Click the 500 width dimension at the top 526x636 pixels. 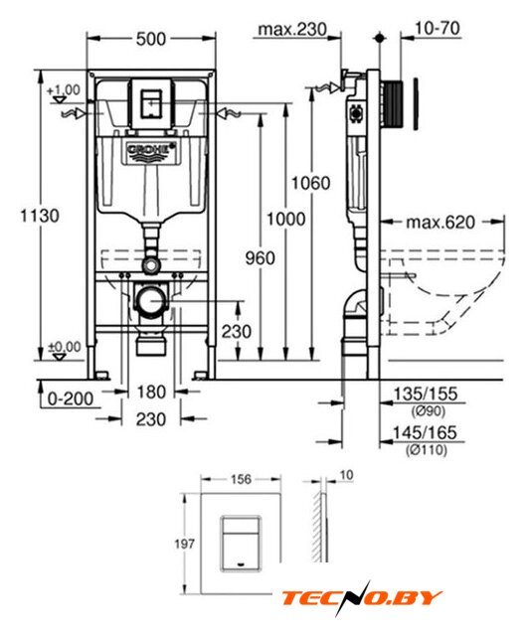point(150,39)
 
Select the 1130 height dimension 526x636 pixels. point(40,216)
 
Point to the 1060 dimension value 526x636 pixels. point(311,183)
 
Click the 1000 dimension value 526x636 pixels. point(285,219)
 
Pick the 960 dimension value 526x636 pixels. point(260,258)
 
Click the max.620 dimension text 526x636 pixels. point(440,223)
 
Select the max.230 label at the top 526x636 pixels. point(292,29)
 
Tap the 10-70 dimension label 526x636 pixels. point(438,29)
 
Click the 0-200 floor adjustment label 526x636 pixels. point(71,398)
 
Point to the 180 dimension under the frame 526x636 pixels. point(150,393)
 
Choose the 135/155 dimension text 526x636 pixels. point(426,394)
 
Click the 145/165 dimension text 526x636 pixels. point(425,433)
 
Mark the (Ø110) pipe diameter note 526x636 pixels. point(427,449)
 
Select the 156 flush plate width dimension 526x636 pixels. point(241,479)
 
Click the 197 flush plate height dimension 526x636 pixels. point(184,544)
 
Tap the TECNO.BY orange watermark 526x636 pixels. point(362,597)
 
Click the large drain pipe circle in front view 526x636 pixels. point(151,300)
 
